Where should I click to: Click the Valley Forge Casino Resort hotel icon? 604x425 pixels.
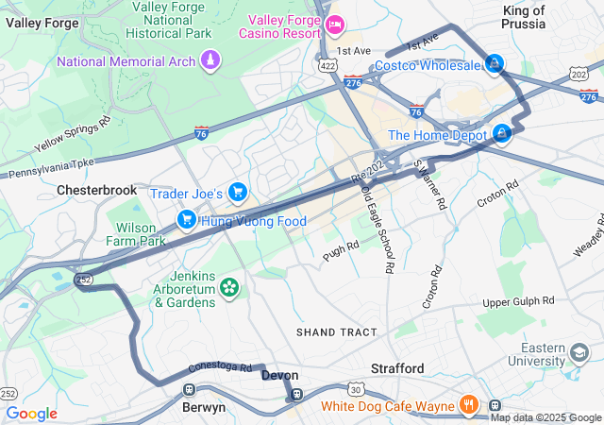332,21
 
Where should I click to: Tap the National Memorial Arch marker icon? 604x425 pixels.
210,61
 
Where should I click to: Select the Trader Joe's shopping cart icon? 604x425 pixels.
237,194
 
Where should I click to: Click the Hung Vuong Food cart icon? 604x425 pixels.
187,221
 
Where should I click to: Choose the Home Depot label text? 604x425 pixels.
438,135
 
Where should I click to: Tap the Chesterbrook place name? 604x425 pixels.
96,190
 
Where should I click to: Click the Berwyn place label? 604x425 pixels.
204,407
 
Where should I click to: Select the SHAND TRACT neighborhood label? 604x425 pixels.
336,332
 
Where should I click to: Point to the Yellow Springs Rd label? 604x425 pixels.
73,134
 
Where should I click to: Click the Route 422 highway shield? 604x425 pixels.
327,66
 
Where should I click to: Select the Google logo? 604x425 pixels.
31,414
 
